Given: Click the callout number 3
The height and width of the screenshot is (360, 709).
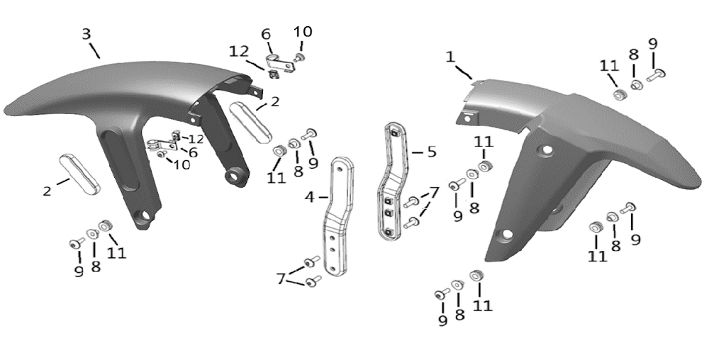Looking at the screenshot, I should (86, 34).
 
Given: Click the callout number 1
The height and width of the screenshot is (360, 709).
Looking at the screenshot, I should (449, 56).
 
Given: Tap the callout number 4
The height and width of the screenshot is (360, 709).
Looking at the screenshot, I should (309, 197).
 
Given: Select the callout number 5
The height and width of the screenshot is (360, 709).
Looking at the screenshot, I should (432, 152).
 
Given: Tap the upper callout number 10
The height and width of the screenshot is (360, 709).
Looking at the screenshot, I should (303, 32).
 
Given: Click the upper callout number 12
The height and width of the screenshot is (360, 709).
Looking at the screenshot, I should (238, 50).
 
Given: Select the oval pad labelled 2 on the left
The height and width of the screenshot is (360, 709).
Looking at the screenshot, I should (80, 173).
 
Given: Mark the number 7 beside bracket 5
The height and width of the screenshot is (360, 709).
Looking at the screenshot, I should (435, 192).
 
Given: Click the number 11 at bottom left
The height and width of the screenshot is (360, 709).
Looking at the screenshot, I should (117, 252).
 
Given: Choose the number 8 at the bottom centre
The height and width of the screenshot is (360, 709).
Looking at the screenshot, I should (460, 314).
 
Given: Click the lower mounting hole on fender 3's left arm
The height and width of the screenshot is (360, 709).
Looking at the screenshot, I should (145, 216).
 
